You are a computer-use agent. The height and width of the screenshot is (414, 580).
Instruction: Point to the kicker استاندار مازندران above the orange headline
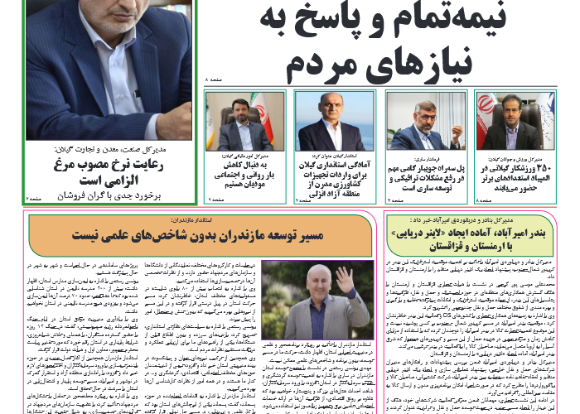(x=199, y=221)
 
